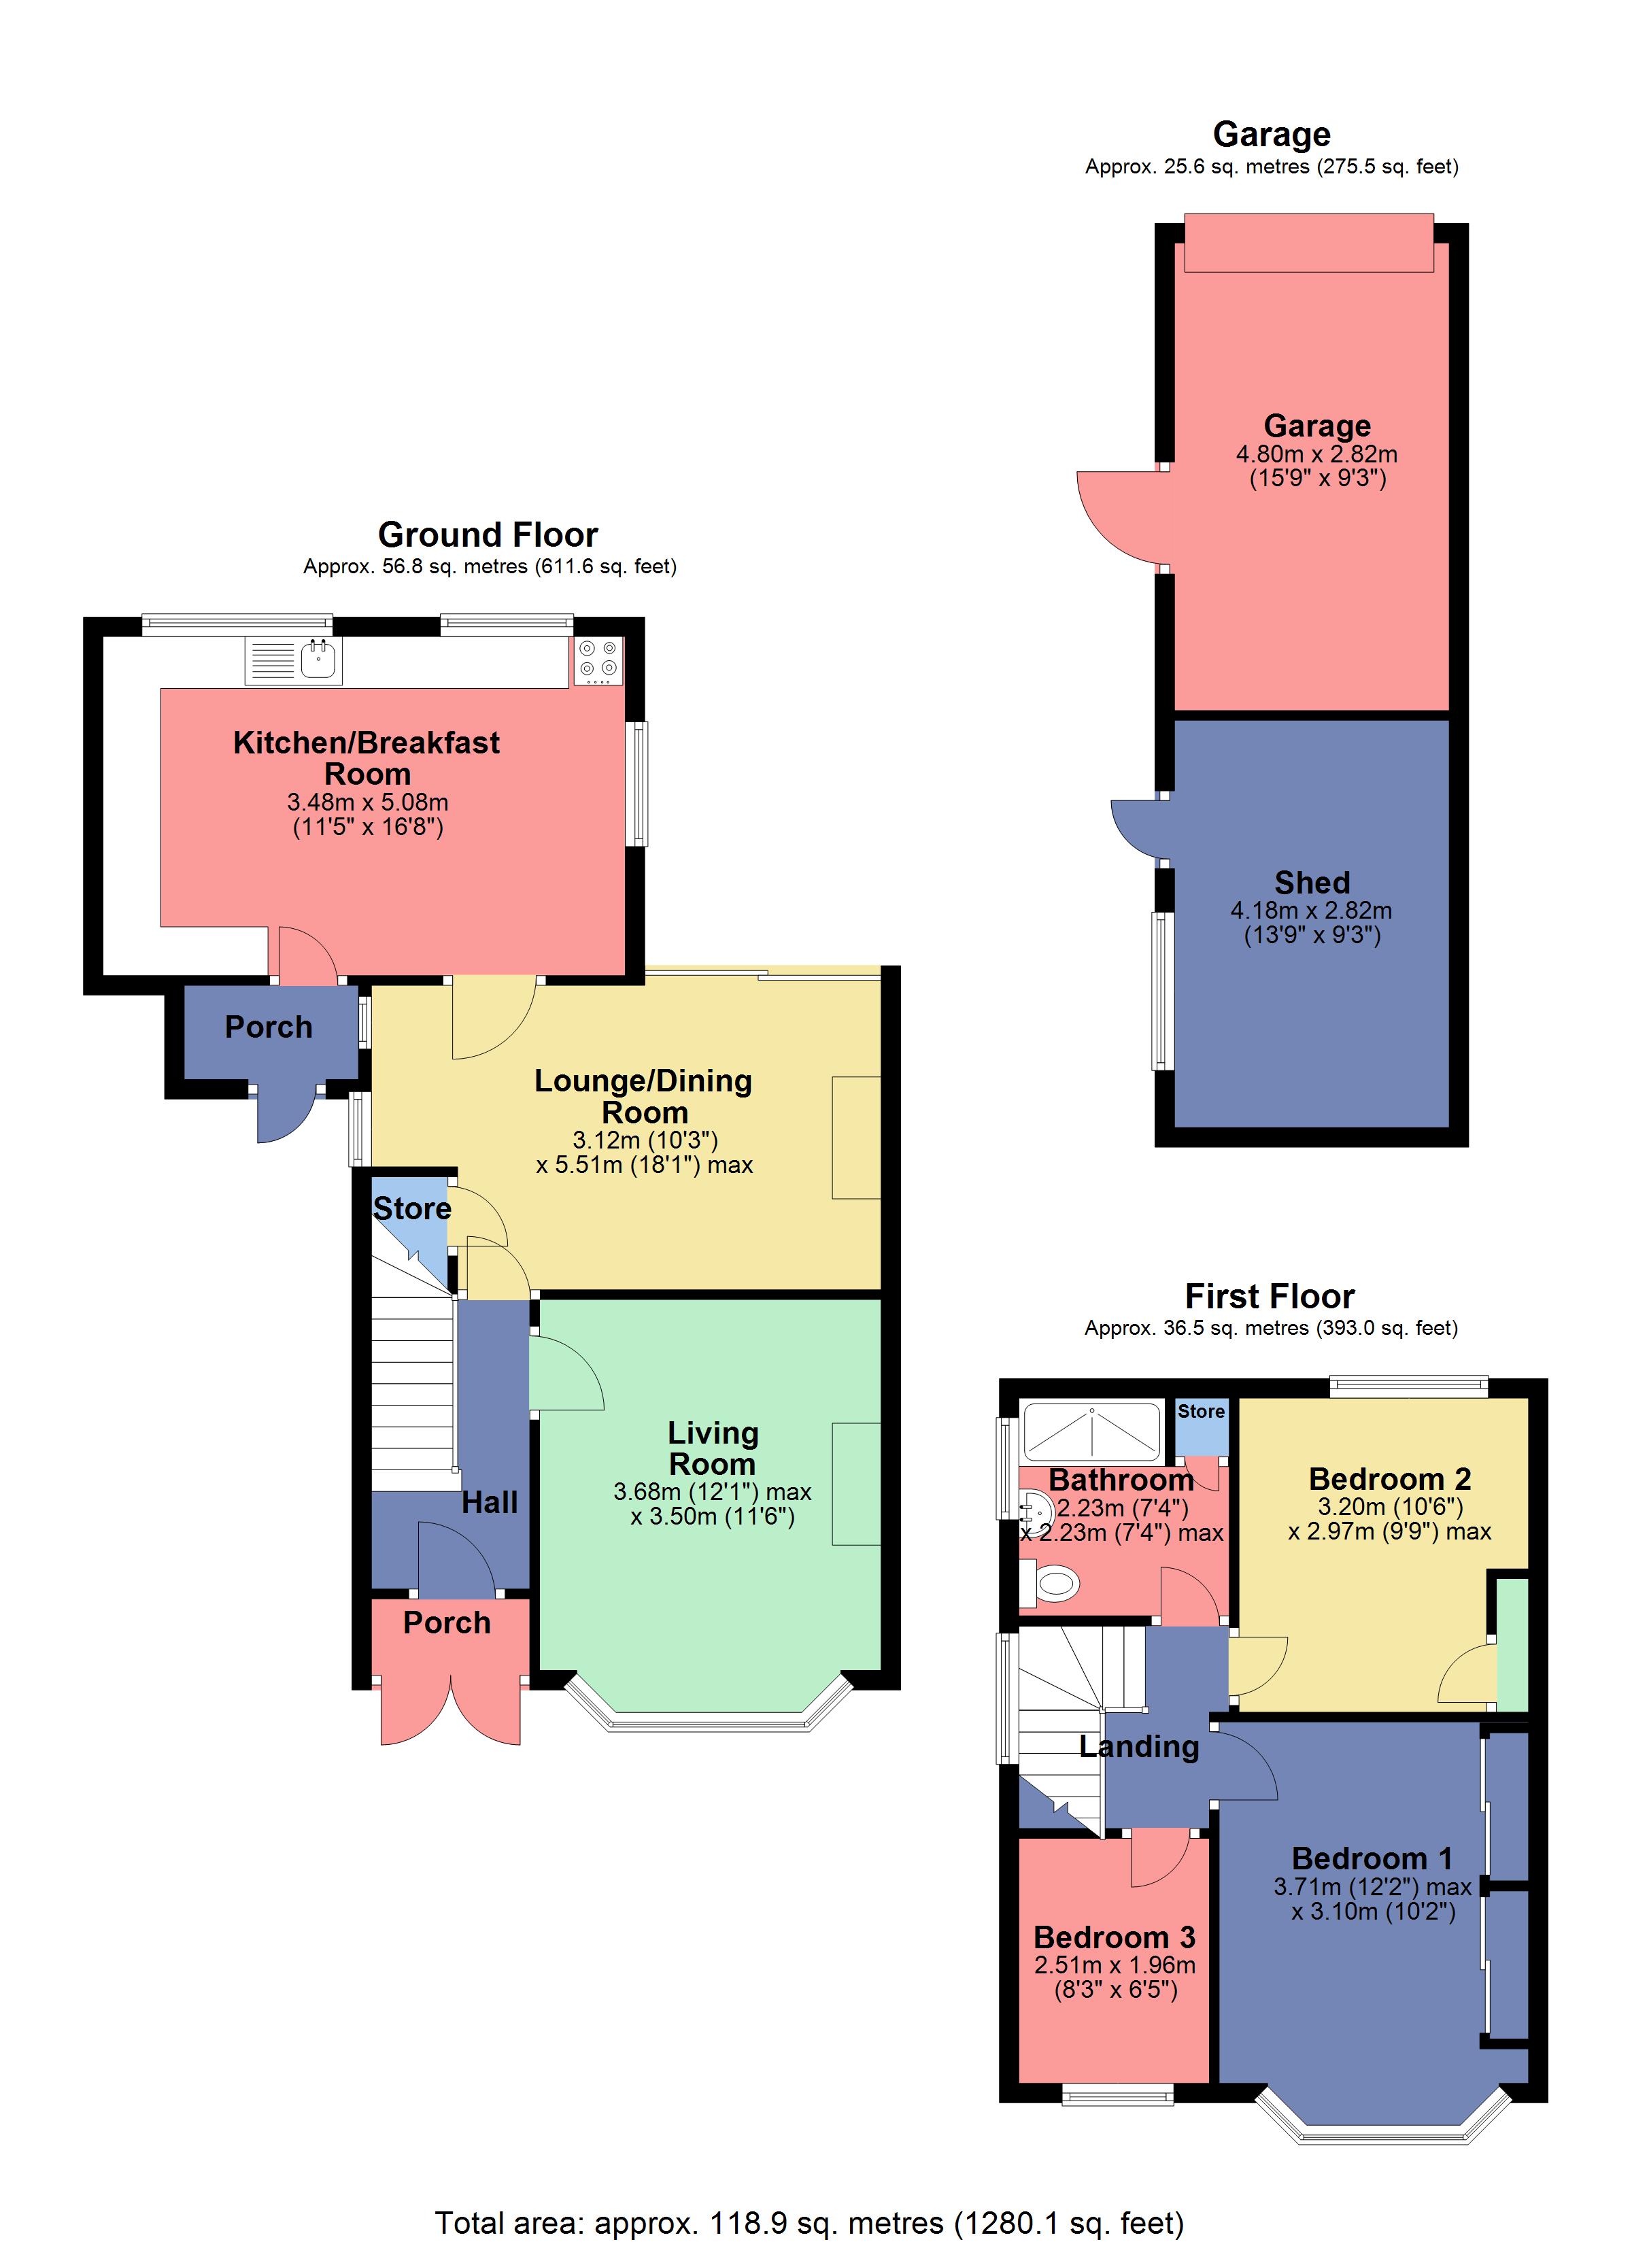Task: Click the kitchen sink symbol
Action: click(318, 660)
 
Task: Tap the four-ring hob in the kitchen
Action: click(598, 660)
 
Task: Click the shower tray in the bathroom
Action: click(1091, 1431)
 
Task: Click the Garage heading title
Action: click(1271, 133)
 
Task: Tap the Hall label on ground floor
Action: click(489, 1502)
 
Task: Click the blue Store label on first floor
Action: click(1200, 1412)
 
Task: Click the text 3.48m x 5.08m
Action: click(367, 802)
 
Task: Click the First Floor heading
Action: click(1270, 1296)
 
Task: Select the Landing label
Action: click(1138, 1746)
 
